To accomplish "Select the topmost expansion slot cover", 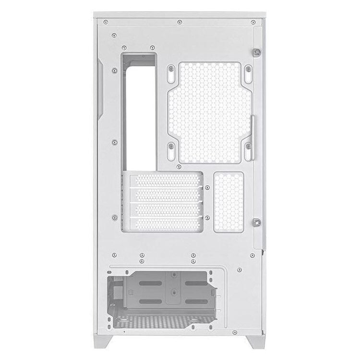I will pos(166,181).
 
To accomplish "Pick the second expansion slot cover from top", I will pos(166,195).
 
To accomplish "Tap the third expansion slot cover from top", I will pos(166,209).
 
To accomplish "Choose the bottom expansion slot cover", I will pos(166,223).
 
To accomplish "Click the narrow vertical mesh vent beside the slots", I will pos(228,202).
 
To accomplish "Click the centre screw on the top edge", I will pos(179,22).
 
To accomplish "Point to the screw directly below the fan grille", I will pos(179,167).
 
